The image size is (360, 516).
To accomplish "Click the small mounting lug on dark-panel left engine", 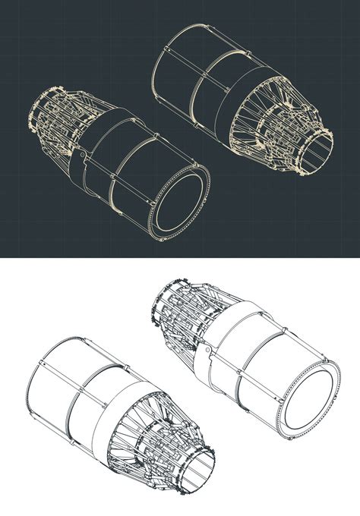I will click(x=80, y=156).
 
